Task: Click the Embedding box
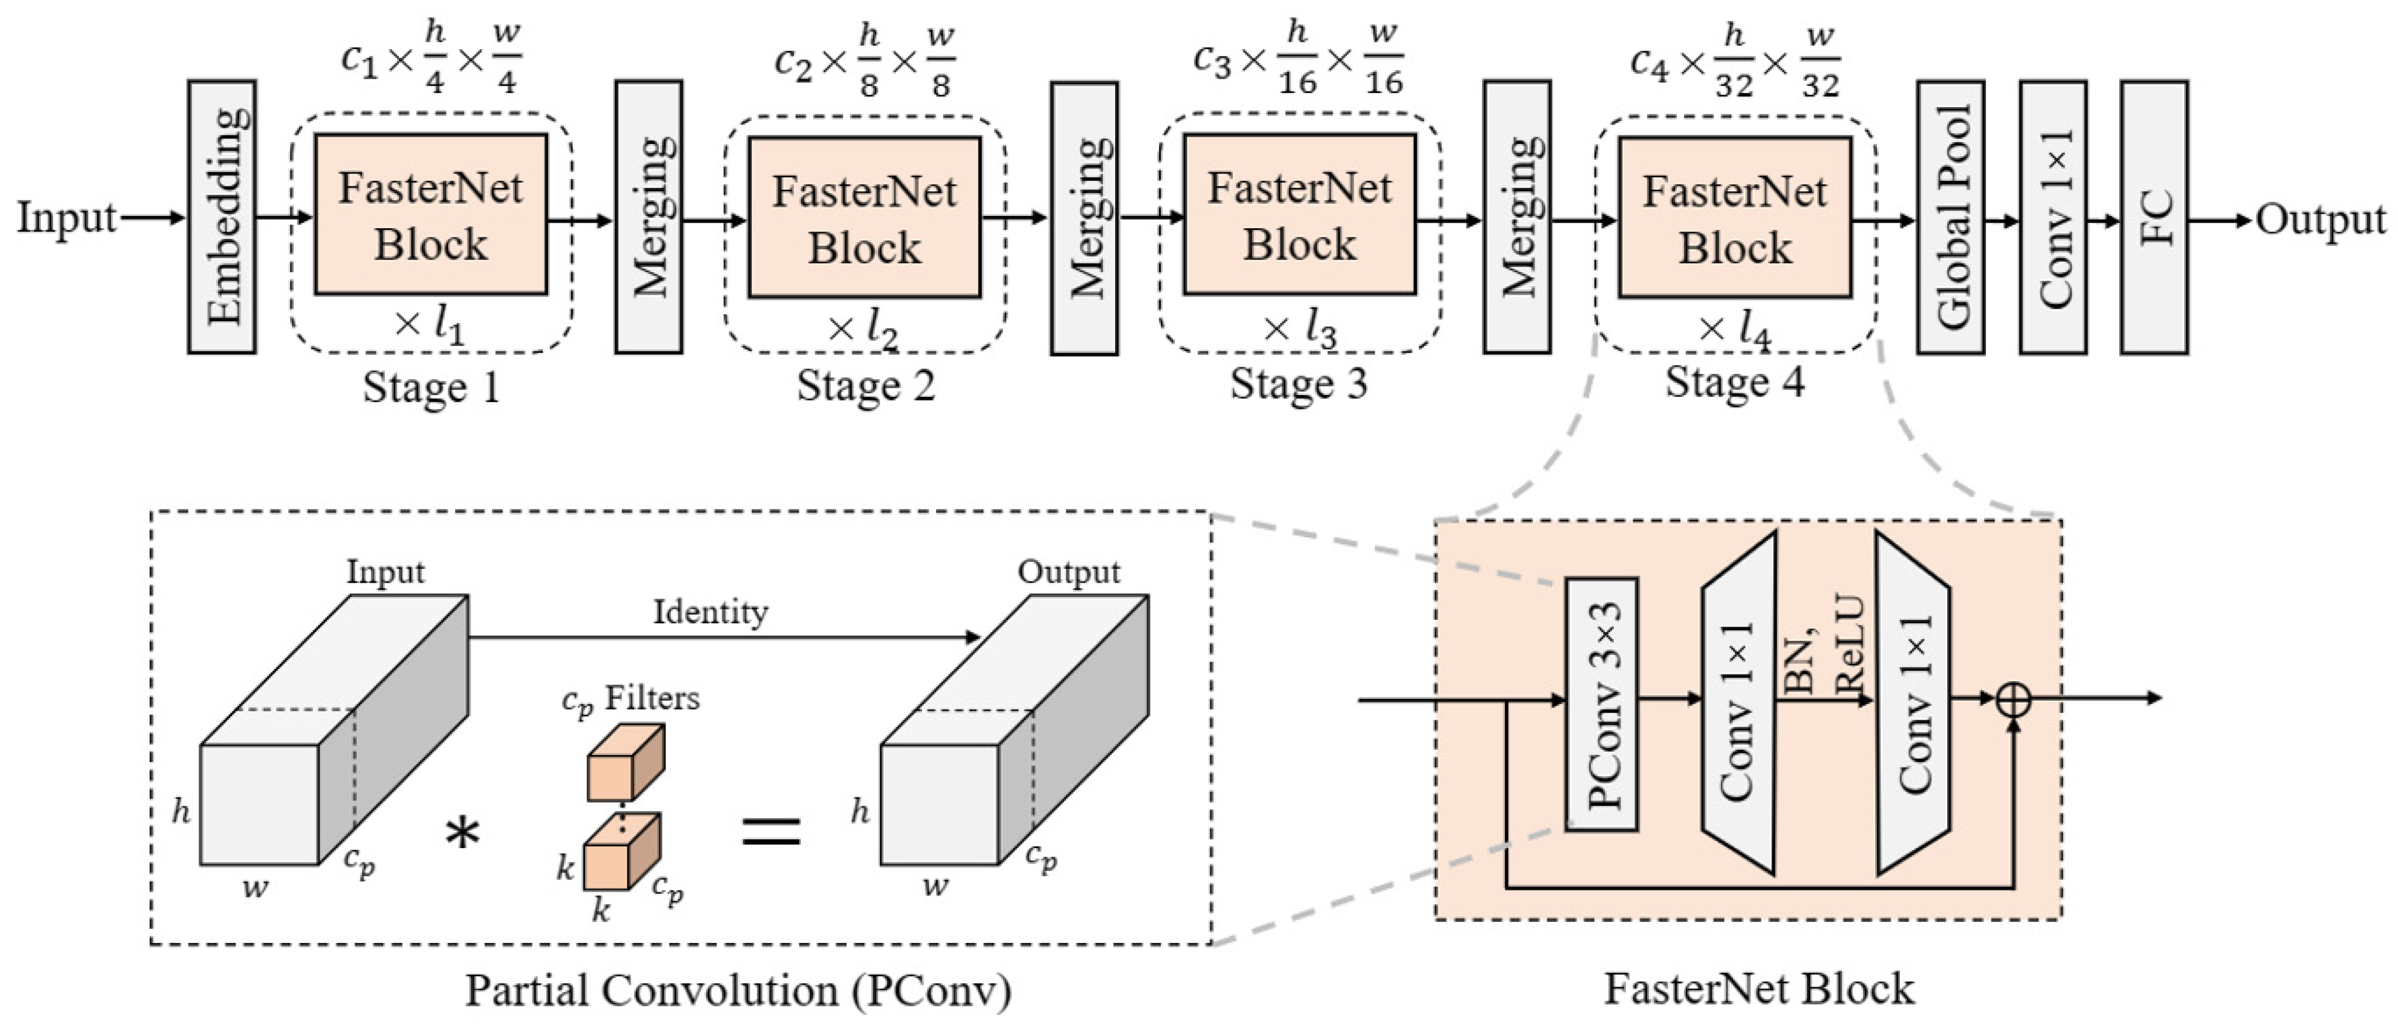coord(221,217)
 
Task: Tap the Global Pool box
coord(1950,217)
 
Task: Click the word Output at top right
coord(2320,220)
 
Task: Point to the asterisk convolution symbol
coord(462,831)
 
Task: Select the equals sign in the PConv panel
coord(771,830)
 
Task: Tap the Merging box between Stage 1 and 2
coord(649,217)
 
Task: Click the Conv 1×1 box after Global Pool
coord(2053,217)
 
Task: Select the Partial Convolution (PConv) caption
coord(738,990)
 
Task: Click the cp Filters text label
coord(630,700)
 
